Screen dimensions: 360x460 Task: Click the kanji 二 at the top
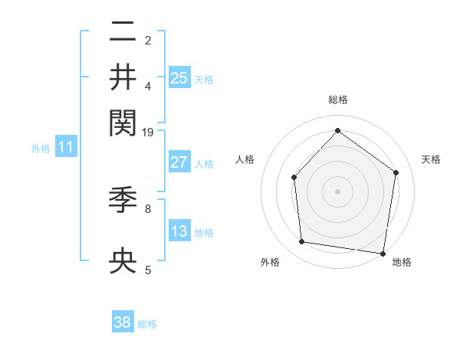pos(123,32)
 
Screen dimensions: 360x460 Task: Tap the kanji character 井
pos(123,77)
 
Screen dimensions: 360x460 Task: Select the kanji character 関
pos(123,122)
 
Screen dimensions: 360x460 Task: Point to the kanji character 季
pos(123,201)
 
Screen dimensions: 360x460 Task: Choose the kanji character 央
pos(123,260)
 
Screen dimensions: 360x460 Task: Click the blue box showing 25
pos(179,77)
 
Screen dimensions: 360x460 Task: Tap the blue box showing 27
pos(179,162)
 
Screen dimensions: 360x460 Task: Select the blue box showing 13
pos(179,231)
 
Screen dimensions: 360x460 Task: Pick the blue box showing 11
pos(65,148)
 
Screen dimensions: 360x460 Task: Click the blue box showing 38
pos(123,322)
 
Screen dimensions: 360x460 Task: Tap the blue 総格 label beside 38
pos(147,324)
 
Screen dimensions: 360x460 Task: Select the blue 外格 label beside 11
pos(41,149)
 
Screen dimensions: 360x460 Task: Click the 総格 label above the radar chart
pos(337,100)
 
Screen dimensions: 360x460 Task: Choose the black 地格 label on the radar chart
pos(402,263)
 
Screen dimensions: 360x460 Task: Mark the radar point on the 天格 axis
pos(396,173)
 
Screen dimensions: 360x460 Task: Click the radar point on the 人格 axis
pos(294,178)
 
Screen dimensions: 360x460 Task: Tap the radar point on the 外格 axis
pos(302,242)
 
